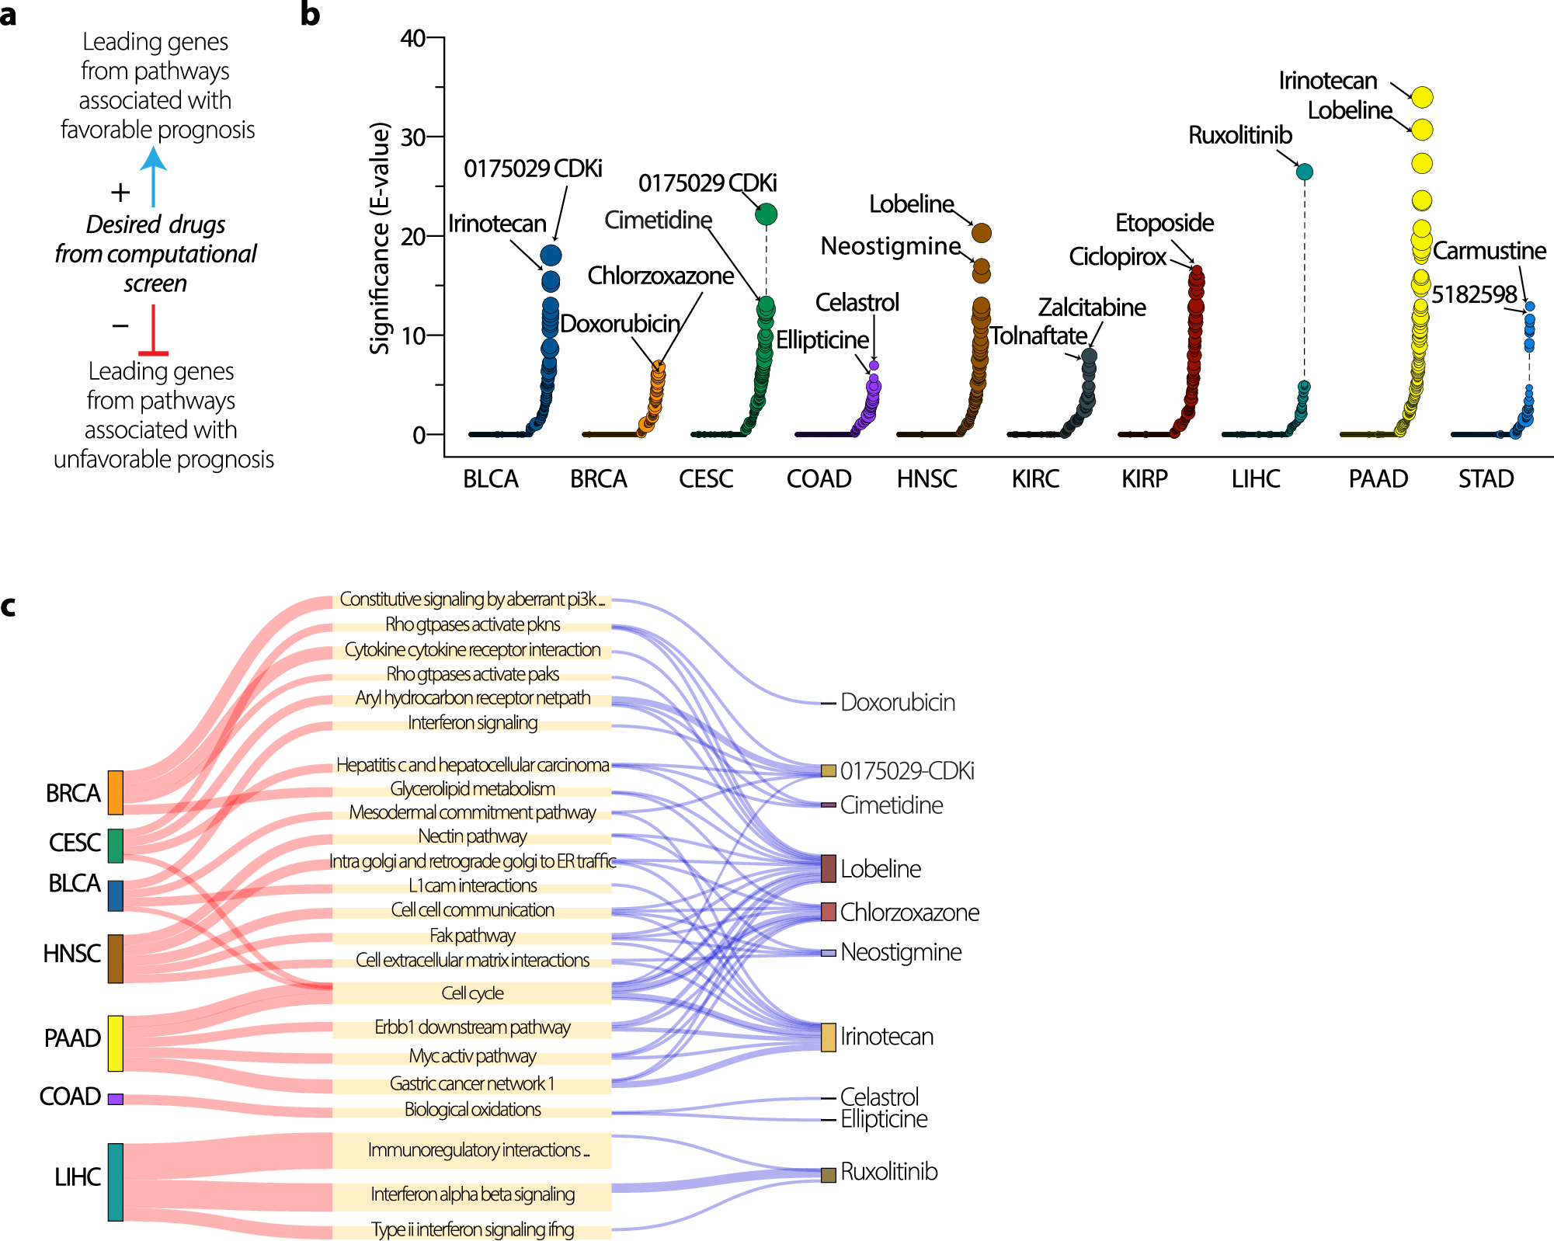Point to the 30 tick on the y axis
[x=413, y=137]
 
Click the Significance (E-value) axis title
[x=379, y=238]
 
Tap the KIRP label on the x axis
[x=1144, y=479]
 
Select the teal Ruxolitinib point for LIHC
[x=1305, y=172]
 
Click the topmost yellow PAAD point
[x=1422, y=97]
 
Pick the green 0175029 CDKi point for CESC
[x=766, y=214]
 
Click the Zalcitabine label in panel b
[x=1092, y=308]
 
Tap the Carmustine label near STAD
[x=1489, y=251]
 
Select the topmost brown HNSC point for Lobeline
[x=981, y=232]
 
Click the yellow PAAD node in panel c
[x=116, y=1043]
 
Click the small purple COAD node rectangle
[x=116, y=1099]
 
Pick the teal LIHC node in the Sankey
[x=116, y=1181]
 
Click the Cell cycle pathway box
[x=471, y=993]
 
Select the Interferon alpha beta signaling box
[x=471, y=1194]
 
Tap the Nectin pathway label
[x=471, y=836]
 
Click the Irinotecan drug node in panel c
[x=829, y=1038]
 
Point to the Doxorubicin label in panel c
[x=897, y=703]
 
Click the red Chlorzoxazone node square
[x=829, y=911]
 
